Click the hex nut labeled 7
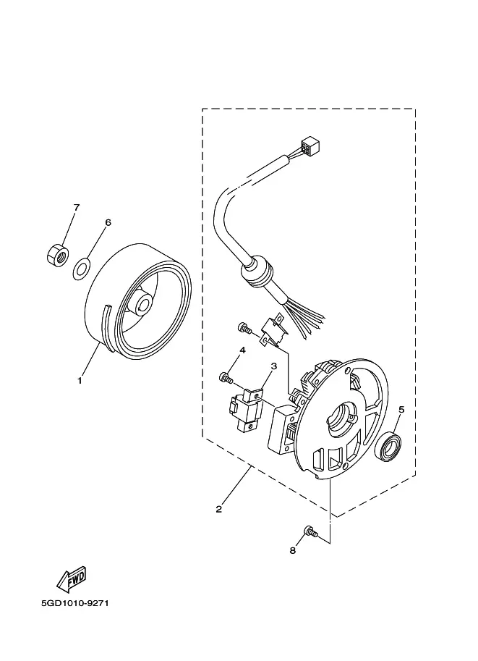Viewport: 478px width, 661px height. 58,255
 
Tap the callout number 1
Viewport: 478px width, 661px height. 79,381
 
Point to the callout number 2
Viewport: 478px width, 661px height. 218,509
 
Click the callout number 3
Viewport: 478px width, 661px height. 274,366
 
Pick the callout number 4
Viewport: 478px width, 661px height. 242,350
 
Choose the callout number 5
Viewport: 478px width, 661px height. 401,409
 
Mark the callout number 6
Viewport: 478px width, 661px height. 108,222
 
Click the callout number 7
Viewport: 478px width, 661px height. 76,207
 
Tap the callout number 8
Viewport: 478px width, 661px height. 293,550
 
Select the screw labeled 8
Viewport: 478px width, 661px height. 310,531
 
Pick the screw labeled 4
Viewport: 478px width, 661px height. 226,377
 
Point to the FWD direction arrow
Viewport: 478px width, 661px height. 72,578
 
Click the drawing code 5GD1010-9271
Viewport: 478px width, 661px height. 75,603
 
